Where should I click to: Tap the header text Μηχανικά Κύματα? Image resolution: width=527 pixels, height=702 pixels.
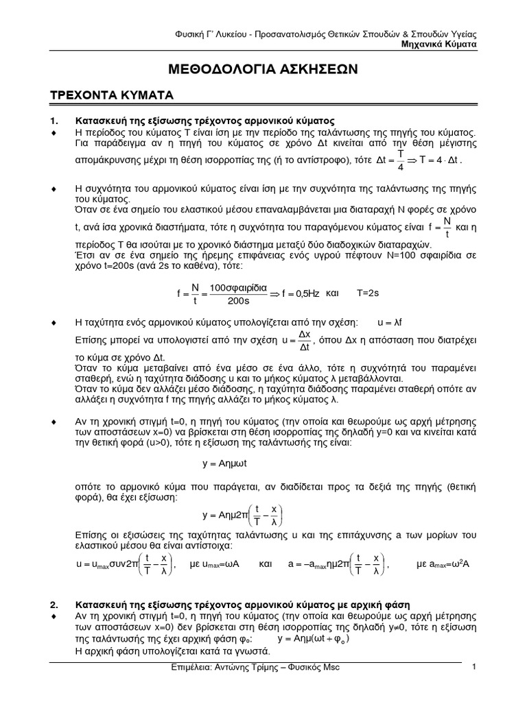point(439,43)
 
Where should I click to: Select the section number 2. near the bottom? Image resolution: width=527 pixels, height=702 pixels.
point(56,605)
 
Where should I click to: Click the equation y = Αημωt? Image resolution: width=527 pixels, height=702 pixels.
point(225,463)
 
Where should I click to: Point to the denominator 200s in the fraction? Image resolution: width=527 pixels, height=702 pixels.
point(237,300)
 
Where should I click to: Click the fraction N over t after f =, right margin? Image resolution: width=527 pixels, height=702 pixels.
point(447,226)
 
